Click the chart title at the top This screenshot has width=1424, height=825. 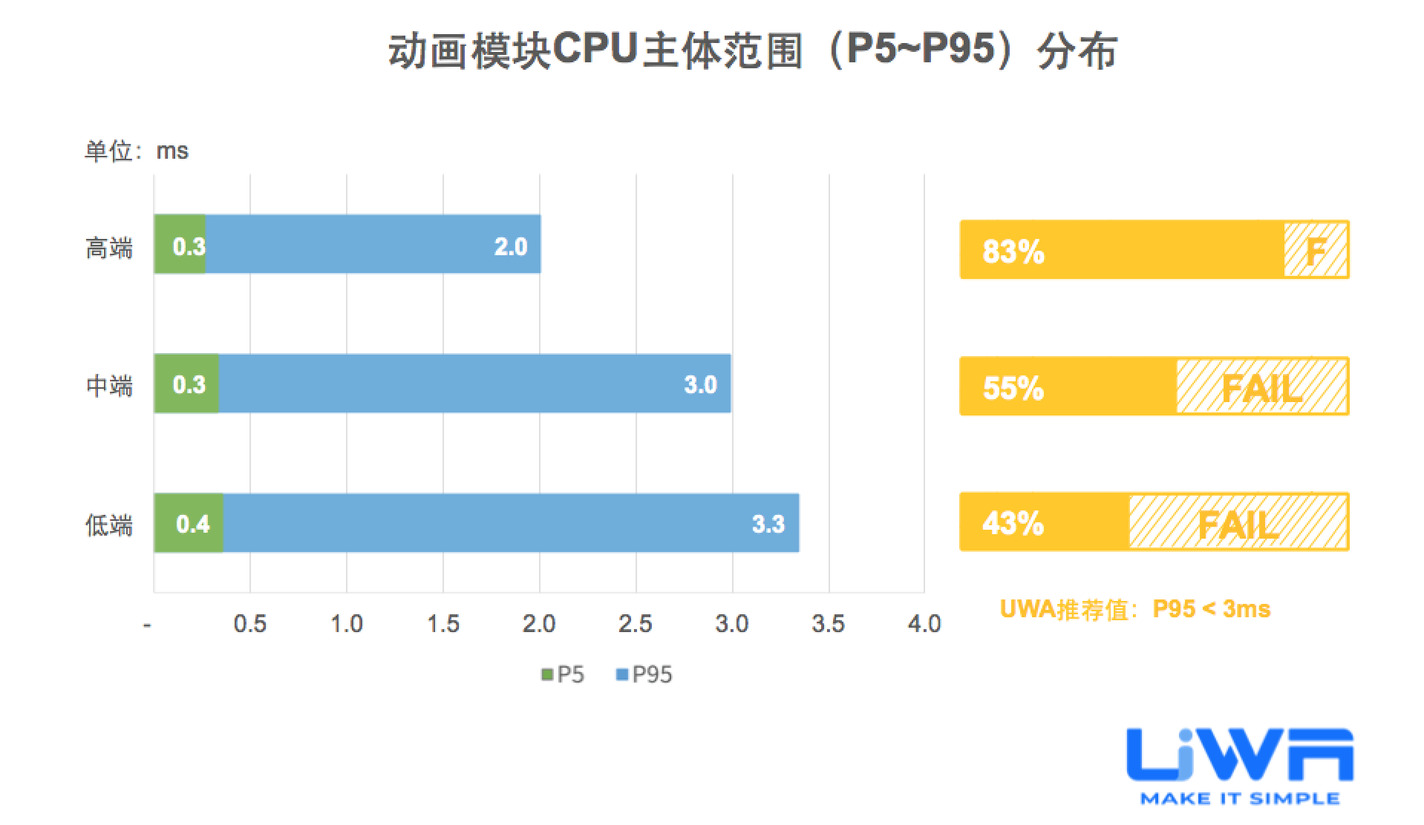[751, 51]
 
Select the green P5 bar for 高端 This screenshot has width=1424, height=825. [180, 244]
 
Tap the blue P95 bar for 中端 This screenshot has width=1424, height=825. [475, 384]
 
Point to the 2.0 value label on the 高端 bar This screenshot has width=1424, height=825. [511, 246]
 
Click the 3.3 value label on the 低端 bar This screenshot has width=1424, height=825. [768, 525]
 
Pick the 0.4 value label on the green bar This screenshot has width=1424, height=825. [192, 525]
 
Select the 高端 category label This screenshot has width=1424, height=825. [109, 248]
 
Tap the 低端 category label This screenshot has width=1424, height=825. [109, 525]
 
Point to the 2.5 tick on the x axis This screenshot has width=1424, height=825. [635, 624]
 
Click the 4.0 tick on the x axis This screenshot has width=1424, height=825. [924, 624]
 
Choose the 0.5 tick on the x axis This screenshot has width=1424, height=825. [249, 624]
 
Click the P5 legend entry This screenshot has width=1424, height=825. [564, 674]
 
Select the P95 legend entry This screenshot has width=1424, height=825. [644, 674]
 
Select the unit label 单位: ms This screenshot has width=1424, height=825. [137, 151]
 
